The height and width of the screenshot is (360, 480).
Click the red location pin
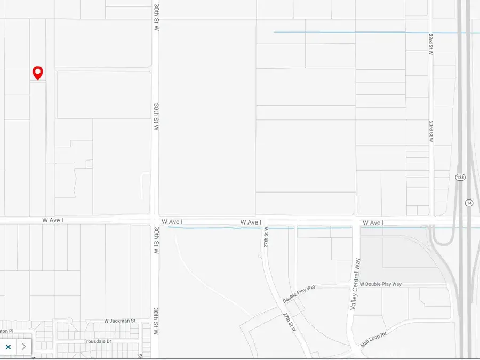(x=38, y=73)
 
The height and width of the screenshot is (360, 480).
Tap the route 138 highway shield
(x=460, y=177)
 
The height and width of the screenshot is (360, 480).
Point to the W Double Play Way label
(x=380, y=284)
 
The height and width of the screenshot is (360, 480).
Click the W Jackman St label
(x=120, y=321)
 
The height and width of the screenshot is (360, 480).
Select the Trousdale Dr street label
(x=97, y=341)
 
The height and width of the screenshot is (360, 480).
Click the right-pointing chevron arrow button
(x=23, y=347)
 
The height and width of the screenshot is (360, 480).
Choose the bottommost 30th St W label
(x=156, y=321)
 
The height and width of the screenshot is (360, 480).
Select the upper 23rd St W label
(x=430, y=44)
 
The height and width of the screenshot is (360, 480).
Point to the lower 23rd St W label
(x=430, y=131)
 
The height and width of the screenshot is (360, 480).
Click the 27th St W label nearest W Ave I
(x=266, y=236)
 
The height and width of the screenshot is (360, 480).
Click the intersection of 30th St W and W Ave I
(x=155, y=220)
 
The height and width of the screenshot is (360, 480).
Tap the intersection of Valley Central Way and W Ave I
(x=356, y=221)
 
